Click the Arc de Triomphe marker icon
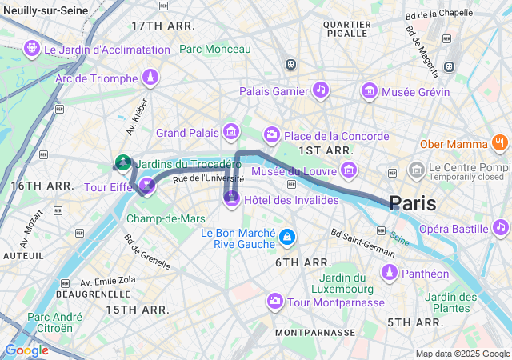(149, 78)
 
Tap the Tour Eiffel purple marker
(146, 186)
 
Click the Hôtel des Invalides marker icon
(232, 197)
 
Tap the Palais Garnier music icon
(320, 90)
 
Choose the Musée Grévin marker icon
(369, 90)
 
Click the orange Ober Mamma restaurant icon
(500, 144)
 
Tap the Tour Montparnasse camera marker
(275, 301)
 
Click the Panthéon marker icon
(389, 273)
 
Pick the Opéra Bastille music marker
(501, 227)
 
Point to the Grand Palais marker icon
(231, 131)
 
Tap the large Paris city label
(413, 203)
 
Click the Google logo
(26, 350)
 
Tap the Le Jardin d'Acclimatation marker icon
(32, 48)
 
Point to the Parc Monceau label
(215, 49)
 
